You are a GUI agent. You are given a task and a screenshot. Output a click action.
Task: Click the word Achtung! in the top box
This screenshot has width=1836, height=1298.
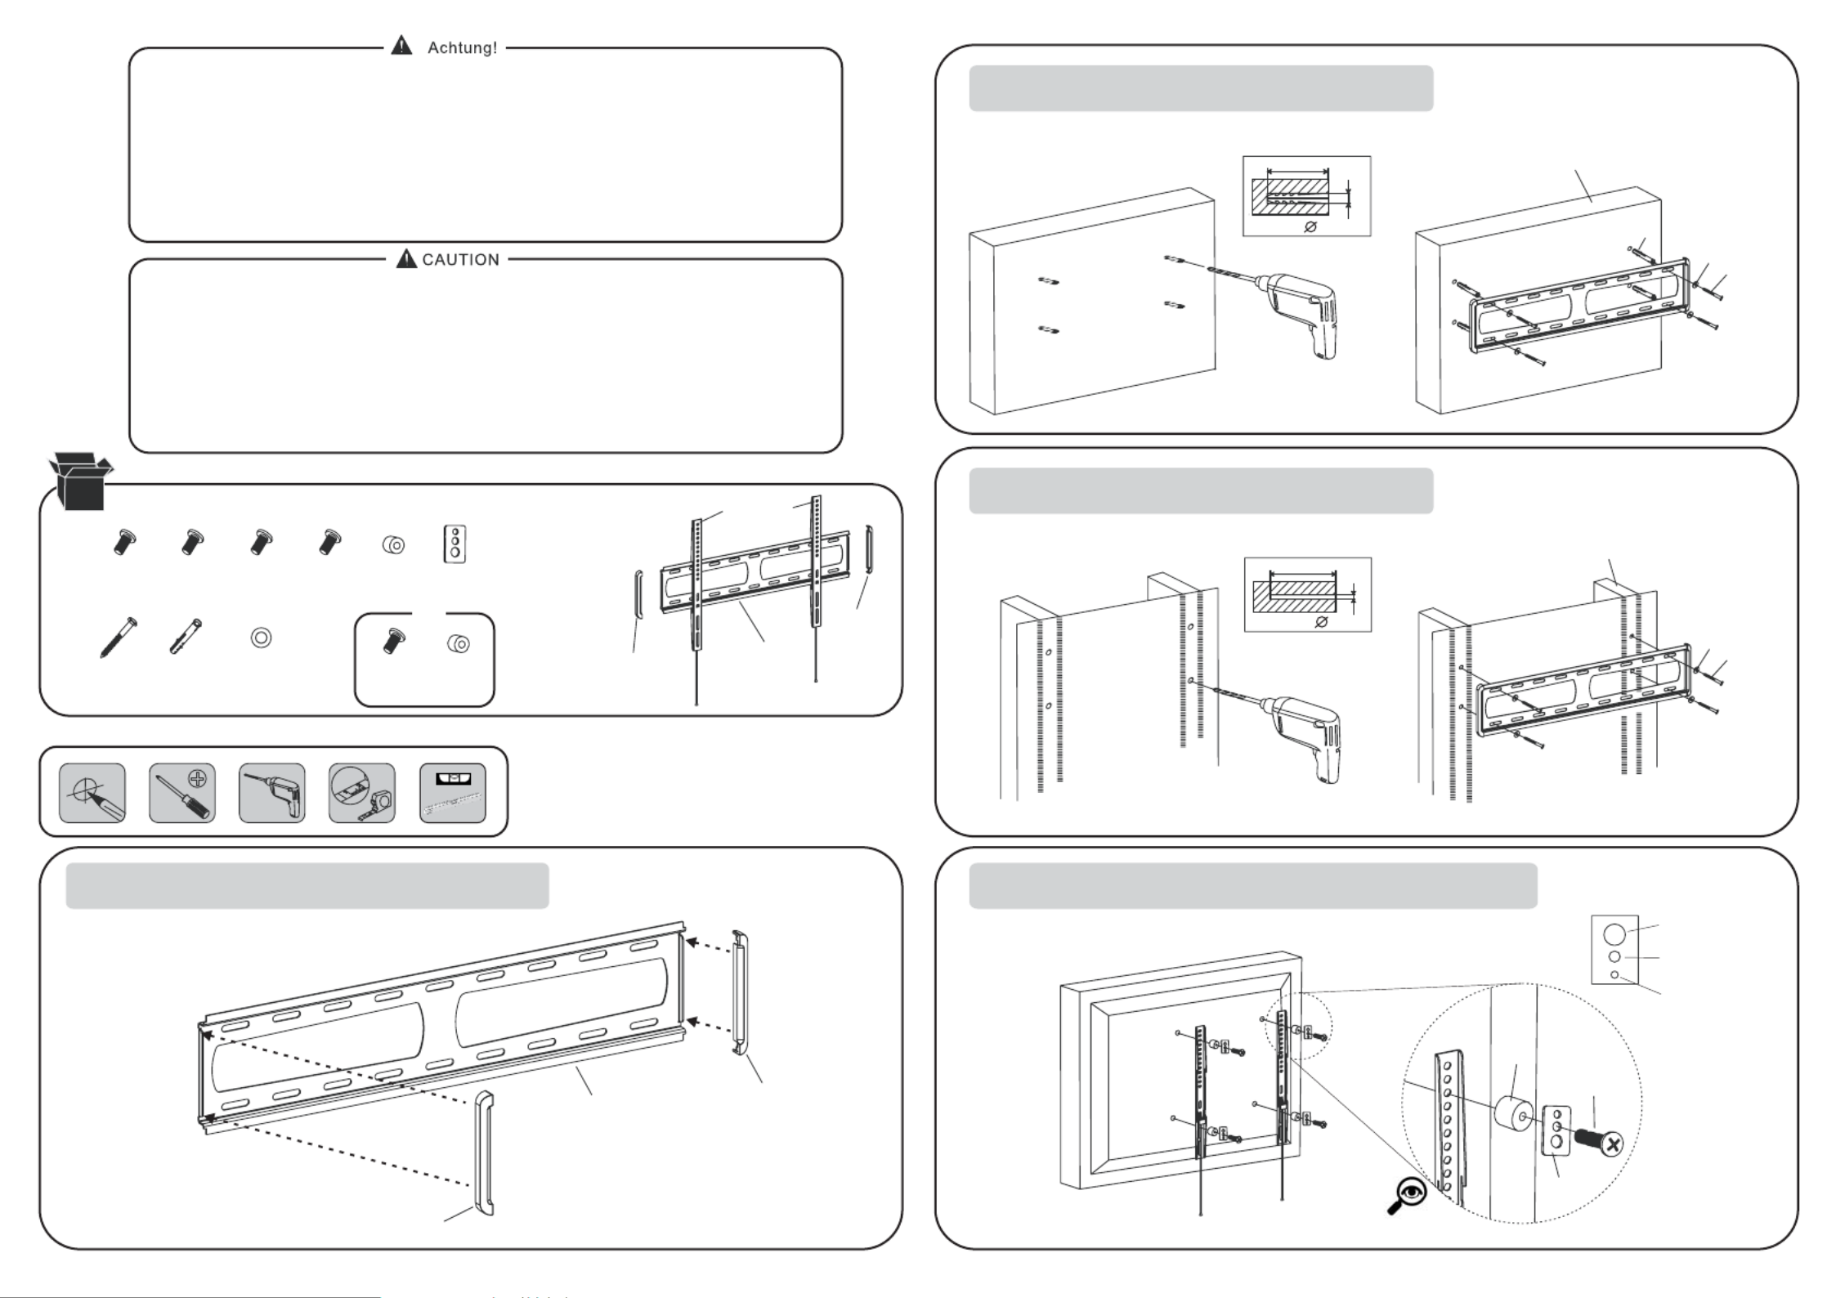click(462, 47)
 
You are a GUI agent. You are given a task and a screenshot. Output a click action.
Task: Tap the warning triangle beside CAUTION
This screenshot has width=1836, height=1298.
click(406, 259)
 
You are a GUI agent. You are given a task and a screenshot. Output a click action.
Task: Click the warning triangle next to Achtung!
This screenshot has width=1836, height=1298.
click(401, 46)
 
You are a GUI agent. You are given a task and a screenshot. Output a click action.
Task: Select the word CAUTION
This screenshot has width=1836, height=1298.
click(460, 260)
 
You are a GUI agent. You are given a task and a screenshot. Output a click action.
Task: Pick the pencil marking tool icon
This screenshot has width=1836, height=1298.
click(92, 793)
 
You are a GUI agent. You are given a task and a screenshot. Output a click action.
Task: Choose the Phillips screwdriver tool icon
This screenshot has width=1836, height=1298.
click(182, 793)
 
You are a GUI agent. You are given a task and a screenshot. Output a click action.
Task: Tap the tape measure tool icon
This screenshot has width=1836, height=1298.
click(362, 793)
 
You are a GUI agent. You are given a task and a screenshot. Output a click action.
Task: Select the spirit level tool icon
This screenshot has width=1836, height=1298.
click(452, 793)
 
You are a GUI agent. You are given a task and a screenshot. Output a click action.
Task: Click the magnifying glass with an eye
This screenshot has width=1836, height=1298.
click(1408, 1195)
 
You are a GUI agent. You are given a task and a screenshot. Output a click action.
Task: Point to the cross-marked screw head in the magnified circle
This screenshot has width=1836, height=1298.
click(1611, 1144)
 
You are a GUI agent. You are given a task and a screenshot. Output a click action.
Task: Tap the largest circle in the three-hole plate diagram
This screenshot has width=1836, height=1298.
click(1614, 933)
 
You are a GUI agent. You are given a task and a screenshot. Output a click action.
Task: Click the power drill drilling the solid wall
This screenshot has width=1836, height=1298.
click(1300, 315)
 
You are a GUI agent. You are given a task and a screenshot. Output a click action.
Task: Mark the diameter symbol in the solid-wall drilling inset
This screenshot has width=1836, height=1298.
click(1310, 226)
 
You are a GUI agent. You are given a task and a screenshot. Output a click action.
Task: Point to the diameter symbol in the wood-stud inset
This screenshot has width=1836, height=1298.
click(1322, 622)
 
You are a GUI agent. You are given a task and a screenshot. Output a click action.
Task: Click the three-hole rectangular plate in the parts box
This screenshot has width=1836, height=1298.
click(455, 544)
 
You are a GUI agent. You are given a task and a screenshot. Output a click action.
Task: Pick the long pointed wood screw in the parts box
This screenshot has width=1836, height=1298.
click(118, 638)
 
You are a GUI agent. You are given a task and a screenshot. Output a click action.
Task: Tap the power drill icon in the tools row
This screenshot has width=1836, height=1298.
click(272, 793)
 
